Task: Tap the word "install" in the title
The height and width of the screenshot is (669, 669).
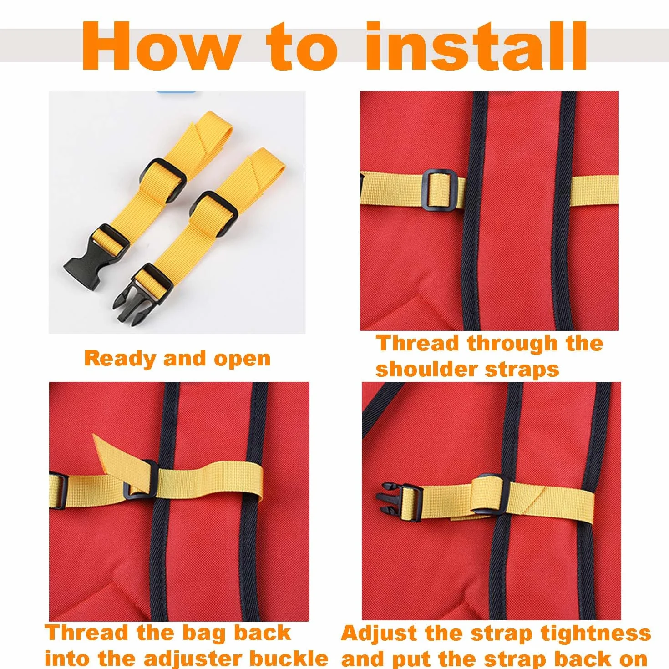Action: click(x=476, y=46)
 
